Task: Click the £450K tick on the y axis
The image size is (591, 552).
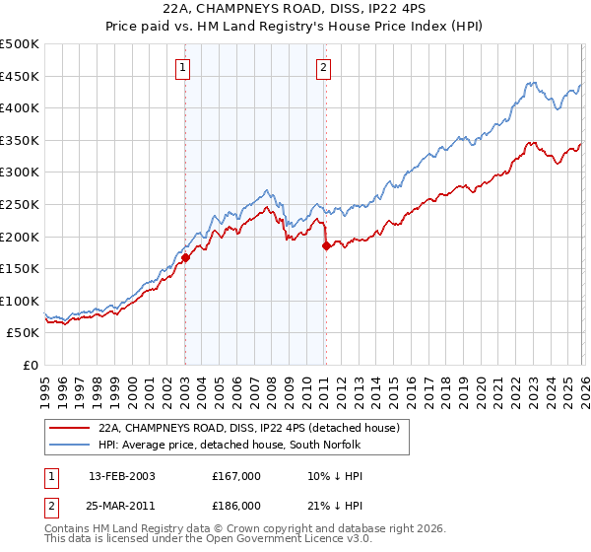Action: point(20,76)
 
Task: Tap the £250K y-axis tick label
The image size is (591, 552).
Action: point(20,204)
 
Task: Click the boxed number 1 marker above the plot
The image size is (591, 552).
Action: point(184,68)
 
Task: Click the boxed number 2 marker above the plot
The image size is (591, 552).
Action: point(323,68)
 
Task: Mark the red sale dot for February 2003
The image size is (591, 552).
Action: point(185,257)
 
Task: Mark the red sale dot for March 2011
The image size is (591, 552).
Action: point(326,245)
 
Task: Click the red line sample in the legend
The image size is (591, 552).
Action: point(69,429)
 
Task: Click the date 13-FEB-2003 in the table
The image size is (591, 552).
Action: point(121,475)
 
